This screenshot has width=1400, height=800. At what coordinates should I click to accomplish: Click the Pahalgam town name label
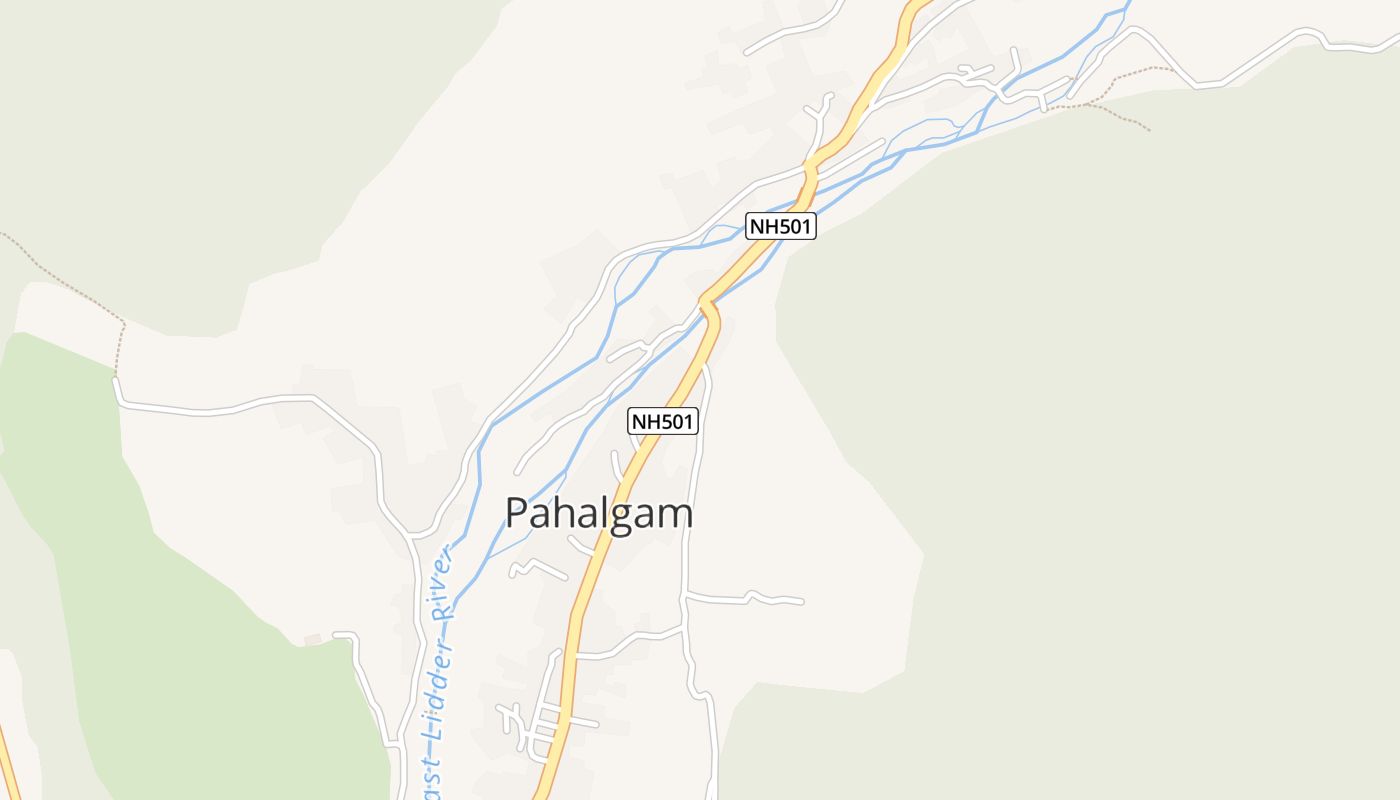(598, 513)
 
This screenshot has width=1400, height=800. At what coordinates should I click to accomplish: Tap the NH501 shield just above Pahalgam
(662, 422)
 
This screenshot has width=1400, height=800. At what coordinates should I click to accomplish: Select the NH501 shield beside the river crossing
(781, 226)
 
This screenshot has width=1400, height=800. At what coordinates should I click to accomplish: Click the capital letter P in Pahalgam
(517, 513)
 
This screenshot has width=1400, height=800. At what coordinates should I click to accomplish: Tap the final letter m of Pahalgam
(676, 514)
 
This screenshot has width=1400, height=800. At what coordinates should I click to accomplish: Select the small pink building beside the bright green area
(313, 639)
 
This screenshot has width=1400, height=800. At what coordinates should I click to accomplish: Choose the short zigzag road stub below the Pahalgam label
(538, 568)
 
